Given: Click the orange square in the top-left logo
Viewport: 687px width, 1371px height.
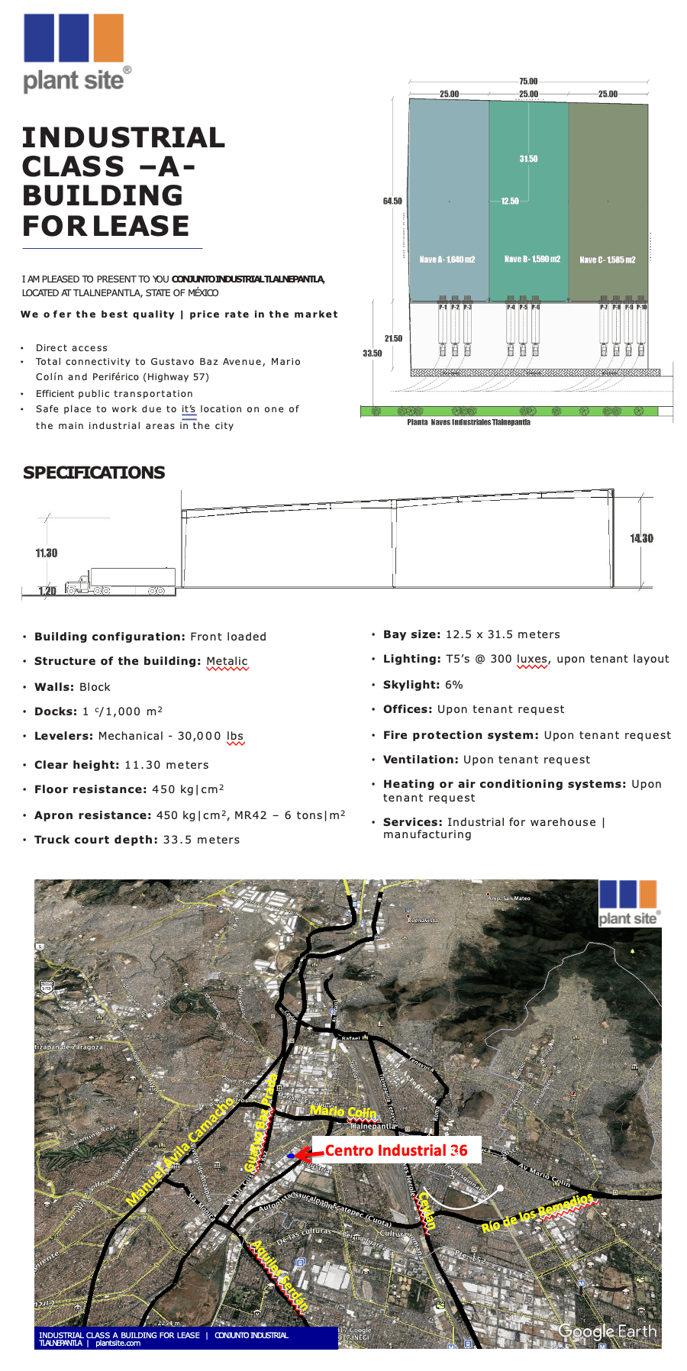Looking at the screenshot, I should [x=108, y=37].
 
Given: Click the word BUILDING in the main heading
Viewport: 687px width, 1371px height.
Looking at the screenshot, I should [x=102, y=195].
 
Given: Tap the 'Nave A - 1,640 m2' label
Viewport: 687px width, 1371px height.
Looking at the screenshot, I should [x=447, y=260].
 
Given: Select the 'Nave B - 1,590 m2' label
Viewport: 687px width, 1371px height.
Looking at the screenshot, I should [x=532, y=259].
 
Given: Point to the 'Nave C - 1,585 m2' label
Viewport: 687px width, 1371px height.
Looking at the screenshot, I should [x=608, y=260].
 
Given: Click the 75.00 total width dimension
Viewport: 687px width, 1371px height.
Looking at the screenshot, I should [x=528, y=81].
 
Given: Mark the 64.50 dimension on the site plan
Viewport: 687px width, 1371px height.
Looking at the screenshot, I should [x=392, y=201].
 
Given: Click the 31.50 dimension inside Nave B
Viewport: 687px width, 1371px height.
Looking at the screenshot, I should [x=528, y=159].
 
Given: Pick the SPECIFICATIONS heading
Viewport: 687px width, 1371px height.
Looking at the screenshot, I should [x=94, y=473].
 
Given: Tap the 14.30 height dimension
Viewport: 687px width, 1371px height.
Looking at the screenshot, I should [x=641, y=538].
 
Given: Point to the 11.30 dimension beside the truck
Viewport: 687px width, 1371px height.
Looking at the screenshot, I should [x=47, y=553].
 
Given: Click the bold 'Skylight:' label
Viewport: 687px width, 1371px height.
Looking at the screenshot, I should [x=411, y=685].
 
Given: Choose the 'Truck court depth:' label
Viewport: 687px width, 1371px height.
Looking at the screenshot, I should [x=96, y=840].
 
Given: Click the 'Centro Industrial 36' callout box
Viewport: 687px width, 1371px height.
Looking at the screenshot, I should [x=396, y=1150].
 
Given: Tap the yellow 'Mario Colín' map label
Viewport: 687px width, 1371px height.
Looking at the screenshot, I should [x=343, y=1111].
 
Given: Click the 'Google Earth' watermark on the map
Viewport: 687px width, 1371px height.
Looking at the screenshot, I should [x=608, y=1331].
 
